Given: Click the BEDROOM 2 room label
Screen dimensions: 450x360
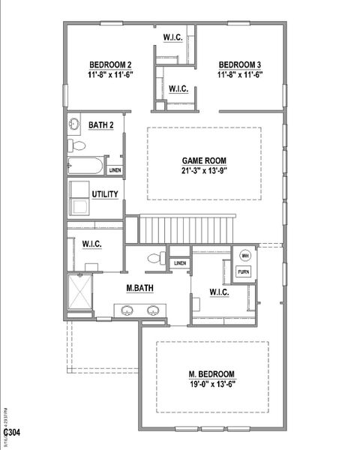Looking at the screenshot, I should (110, 64).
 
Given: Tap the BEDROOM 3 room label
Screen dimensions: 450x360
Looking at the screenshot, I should (239, 64).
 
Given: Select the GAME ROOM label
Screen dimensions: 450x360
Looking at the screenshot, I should (204, 160).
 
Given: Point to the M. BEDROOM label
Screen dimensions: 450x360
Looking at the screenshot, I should (211, 374).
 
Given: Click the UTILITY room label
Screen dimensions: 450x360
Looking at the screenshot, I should (105, 195).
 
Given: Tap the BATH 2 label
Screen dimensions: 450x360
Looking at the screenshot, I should (100, 125).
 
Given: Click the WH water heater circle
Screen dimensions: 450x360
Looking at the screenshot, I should (244, 255).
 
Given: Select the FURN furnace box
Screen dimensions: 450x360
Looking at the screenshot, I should (244, 271).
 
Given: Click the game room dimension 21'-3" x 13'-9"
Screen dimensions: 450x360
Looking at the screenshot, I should (204, 172).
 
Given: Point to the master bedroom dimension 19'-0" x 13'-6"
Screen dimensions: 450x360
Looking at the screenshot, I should (211, 385).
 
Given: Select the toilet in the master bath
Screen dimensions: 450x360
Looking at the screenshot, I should (154, 259).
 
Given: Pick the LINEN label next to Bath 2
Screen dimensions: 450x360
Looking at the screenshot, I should (115, 170).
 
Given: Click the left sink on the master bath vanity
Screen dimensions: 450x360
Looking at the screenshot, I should (126, 310).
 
